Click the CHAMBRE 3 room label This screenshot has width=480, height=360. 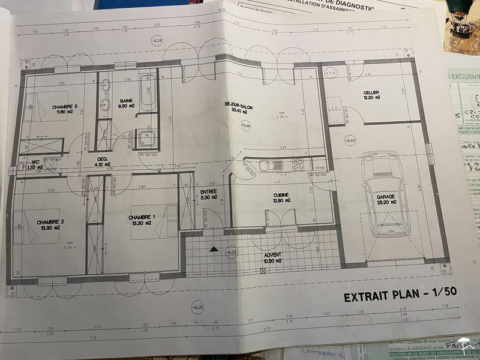click(52, 106)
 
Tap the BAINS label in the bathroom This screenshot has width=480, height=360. click(109, 100)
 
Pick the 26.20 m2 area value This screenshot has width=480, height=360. click(386, 202)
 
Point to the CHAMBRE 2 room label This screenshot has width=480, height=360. click(50, 221)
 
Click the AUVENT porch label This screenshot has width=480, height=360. click(273, 255)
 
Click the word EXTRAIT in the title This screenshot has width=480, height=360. click(366, 297)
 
